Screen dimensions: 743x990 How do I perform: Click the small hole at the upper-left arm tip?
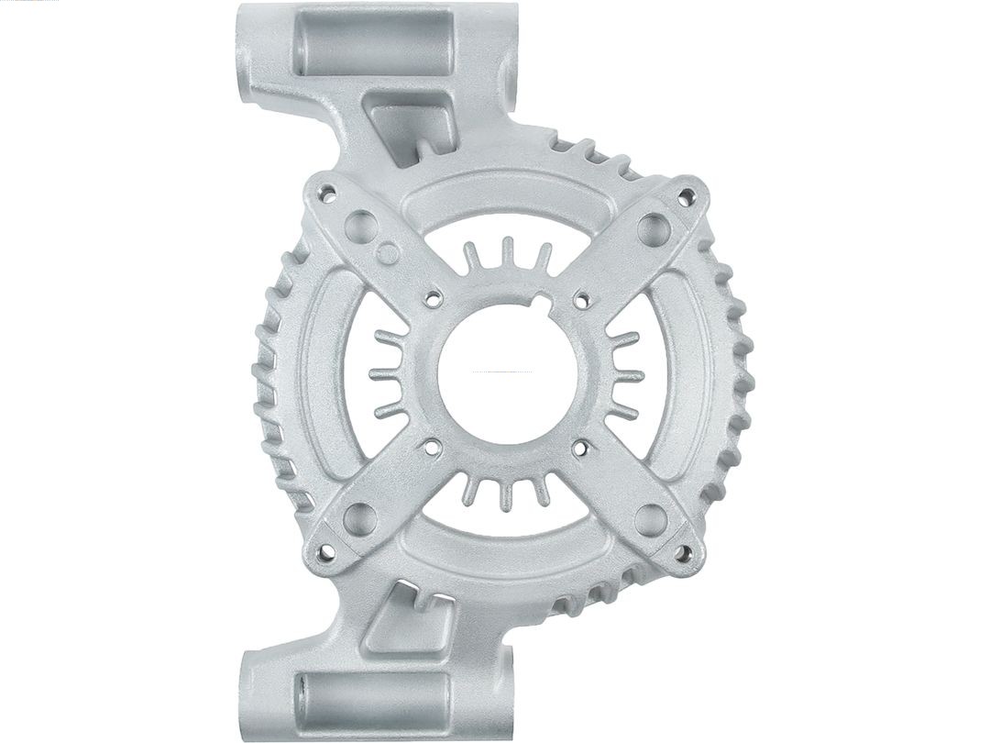coord(324,194)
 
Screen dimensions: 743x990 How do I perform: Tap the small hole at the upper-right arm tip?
coord(684,194)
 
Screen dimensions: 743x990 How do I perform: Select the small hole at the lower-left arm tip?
coord(324,553)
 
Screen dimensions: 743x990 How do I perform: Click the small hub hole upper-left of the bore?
coord(430,297)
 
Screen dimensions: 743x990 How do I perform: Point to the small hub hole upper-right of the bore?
coord(579,297)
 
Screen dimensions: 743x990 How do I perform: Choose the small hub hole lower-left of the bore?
coord(430,448)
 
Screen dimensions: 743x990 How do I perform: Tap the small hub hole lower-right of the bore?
coord(579,448)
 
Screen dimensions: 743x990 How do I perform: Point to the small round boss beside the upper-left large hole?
coord(387,251)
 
